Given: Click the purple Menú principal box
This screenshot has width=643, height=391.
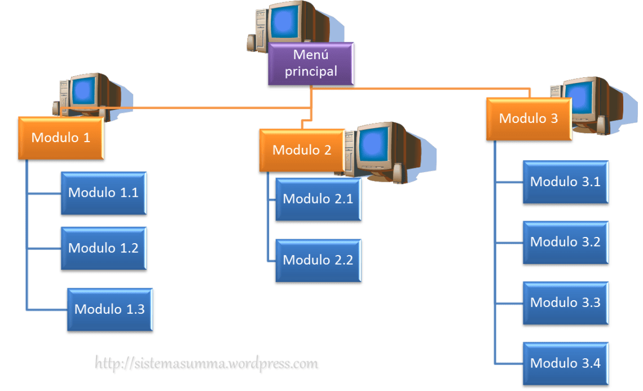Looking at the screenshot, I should point(311,64).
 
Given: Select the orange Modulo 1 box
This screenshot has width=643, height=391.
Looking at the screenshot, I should point(61,138).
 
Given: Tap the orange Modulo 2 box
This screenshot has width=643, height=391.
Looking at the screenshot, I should point(302,151).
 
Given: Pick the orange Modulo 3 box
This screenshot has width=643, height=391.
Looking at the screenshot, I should point(529,119).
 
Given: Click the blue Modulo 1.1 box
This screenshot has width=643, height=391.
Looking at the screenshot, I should point(103,193).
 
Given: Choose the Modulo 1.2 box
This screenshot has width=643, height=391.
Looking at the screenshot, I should point(103,248).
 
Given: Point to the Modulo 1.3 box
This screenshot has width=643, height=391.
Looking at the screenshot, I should point(109,310).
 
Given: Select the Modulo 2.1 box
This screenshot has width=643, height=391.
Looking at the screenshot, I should point(318,199).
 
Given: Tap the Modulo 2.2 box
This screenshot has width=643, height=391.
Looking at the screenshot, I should point(318,260).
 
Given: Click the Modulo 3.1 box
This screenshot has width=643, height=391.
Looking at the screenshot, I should point(565,182).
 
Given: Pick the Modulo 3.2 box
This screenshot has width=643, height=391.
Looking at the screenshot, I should point(565,242).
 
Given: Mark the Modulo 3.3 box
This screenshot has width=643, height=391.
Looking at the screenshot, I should point(565,303).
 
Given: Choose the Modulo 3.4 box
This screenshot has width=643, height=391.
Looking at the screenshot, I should point(565,363).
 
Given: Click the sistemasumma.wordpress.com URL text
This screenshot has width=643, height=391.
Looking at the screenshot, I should point(207,364).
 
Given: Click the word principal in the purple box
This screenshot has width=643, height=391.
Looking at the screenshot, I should point(311,72).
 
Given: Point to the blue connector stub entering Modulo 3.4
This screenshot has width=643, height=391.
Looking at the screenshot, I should point(508,363).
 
